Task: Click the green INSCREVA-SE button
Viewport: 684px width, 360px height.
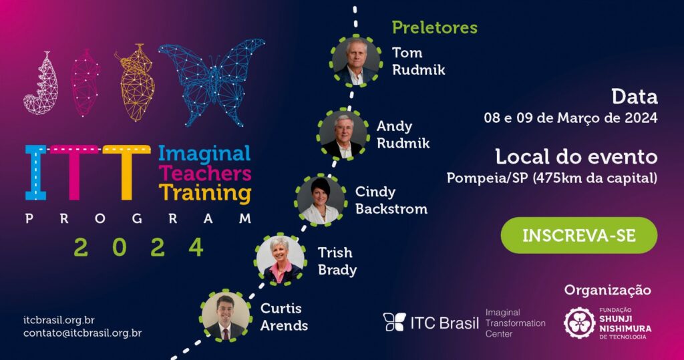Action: click(579, 235)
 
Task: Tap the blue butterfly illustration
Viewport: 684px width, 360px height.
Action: click(212, 82)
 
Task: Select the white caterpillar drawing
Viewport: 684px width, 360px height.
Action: click(41, 83)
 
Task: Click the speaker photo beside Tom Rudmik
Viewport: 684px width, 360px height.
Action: click(355, 61)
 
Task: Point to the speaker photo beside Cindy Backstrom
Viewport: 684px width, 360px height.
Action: click(321, 200)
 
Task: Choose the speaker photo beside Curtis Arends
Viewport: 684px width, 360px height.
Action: click(225, 315)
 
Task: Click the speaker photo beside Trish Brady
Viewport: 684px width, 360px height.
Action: click(280, 259)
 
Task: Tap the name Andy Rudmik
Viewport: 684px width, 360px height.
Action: click(403, 134)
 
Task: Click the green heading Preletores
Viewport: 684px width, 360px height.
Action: click(434, 27)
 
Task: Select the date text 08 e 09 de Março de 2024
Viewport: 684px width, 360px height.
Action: click(570, 118)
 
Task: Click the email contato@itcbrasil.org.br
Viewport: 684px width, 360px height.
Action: click(82, 333)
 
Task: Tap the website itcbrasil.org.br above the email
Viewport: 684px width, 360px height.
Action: click(59, 321)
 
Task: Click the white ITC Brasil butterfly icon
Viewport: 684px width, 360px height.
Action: click(394, 322)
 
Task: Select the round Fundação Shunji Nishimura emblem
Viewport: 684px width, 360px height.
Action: click(579, 323)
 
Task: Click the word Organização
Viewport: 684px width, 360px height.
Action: click(607, 291)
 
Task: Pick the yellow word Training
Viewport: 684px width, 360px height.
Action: click(205, 193)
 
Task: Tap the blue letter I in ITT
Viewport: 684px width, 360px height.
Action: click(36, 172)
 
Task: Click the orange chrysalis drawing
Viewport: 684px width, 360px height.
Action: click(136, 82)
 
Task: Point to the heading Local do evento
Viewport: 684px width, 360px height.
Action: click(576, 157)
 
